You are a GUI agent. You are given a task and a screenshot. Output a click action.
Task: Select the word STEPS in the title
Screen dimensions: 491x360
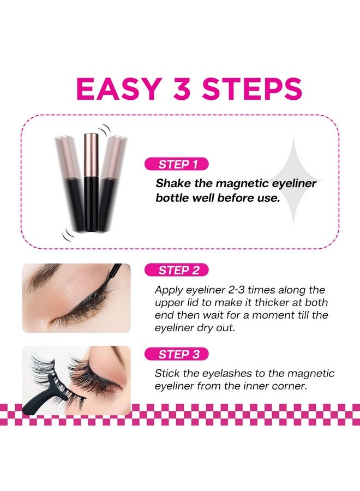click(x=255, y=89)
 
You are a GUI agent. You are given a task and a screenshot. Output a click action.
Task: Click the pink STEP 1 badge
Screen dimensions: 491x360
click(x=176, y=164)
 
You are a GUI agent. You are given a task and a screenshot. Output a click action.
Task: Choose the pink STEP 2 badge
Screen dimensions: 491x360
click(x=176, y=270)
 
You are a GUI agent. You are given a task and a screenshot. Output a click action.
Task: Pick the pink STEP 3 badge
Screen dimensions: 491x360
click(x=176, y=354)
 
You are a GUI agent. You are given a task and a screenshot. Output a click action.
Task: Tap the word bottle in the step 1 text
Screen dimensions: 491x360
click(x=172, y=198)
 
